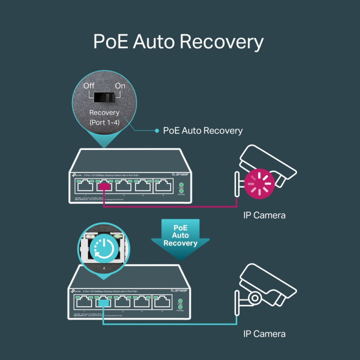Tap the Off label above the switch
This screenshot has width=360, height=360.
tap(89, 85)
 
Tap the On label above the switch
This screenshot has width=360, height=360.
tap(120, 85)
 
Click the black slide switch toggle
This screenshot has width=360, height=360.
tap(104, 97)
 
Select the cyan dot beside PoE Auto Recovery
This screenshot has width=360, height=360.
tap(157, 130)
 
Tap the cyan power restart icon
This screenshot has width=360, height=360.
tap(105, 247)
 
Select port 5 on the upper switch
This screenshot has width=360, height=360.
tap(163, 185)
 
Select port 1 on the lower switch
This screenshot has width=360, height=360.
tap(85, 302)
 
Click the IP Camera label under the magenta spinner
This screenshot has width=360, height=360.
tap(264, 215)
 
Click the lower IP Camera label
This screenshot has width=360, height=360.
tap(264, 334)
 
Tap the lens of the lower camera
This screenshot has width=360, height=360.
tap(255, 297)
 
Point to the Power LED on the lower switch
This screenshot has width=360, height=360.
tap(180, 301)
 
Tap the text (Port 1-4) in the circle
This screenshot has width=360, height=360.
tap(104, 122)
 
